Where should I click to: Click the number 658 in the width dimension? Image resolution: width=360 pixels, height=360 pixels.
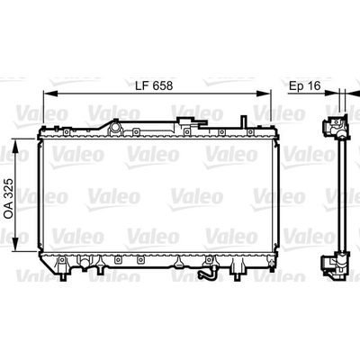click(162, 85)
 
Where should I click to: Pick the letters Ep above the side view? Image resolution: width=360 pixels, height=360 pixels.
click(296, 86)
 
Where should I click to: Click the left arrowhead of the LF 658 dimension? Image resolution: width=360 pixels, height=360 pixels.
click(50, 94)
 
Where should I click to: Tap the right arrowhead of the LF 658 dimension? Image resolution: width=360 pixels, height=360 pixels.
click(264, 94)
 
